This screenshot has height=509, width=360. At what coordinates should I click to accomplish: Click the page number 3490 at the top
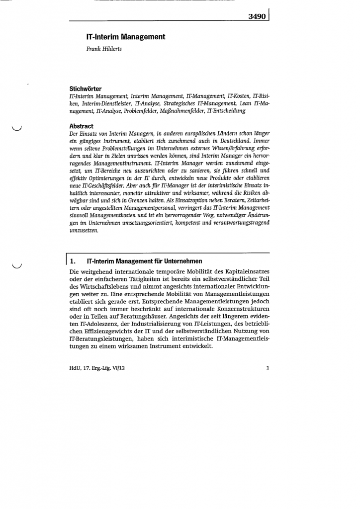pyautogui.click(x=257, y=16)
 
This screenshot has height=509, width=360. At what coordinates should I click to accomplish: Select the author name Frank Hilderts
pyautogui.click(x=104, y=49)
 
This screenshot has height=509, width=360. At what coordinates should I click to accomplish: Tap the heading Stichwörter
pyautogui.click(x=86, y=89)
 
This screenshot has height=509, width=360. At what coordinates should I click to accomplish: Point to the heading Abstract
pyautogui.click(x=82, y=126)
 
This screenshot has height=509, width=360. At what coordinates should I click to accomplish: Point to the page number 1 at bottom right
pyautogui.click(x=268, y=368)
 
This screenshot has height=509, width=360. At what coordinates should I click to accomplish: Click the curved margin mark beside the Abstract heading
pyautogui.click(x=17, y=130)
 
